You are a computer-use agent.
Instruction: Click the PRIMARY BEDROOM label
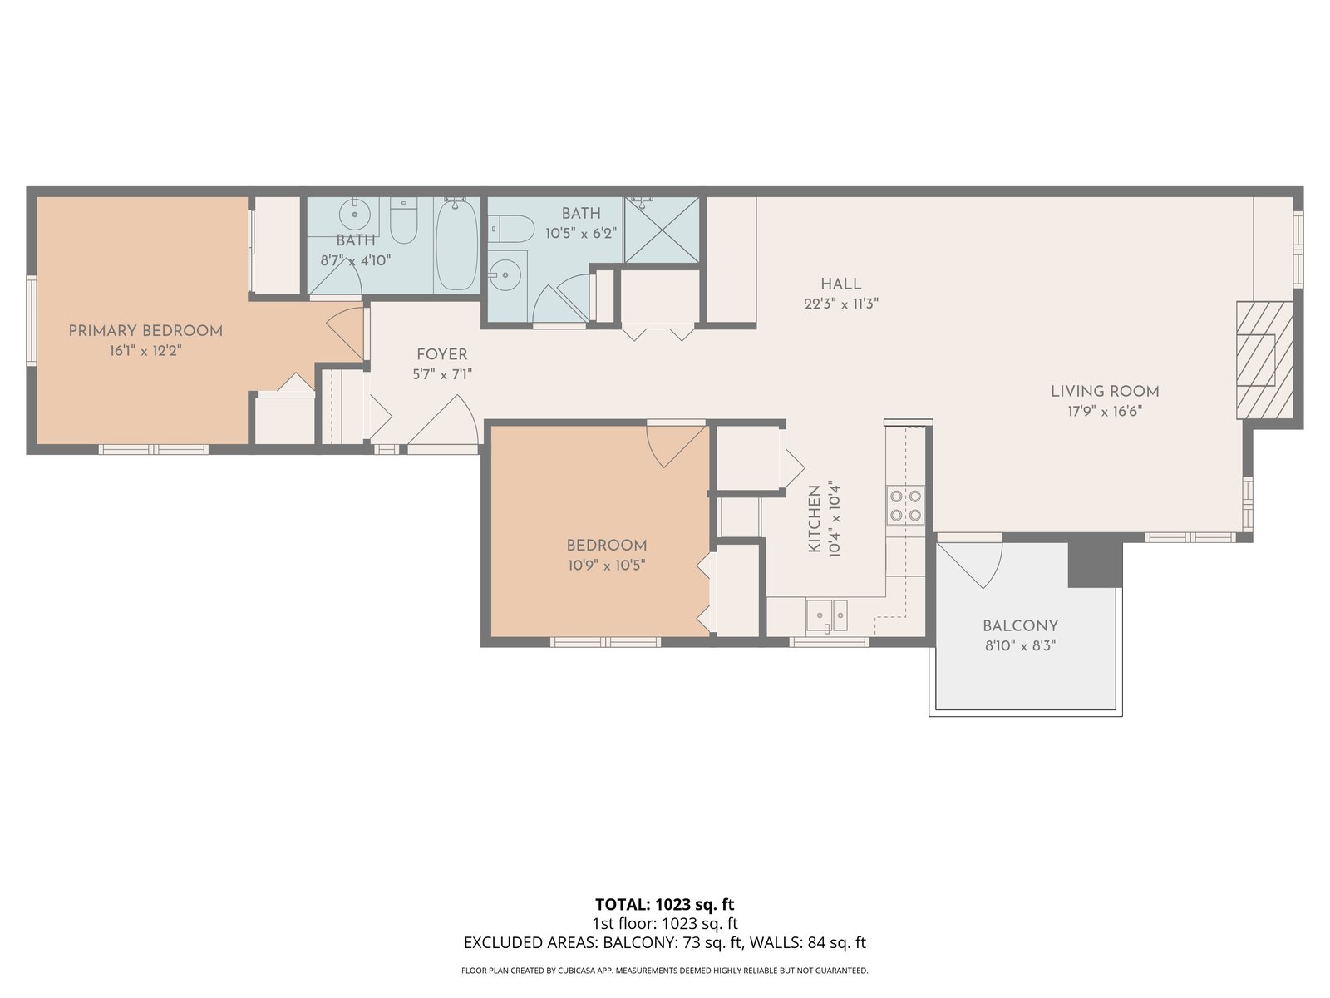[x=145, y=331]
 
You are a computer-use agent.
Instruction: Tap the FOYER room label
[x=441, y=354]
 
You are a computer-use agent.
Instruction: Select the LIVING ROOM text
[x=1105, y=392]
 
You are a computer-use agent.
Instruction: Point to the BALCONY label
[x=1021, y=626]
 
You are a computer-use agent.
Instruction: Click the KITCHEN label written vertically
[x=815, y=518]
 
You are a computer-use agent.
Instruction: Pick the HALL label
[x=841, y=284]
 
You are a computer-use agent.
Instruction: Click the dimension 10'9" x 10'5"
[x=607, y=566]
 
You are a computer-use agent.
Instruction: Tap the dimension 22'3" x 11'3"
[x=841, y=304]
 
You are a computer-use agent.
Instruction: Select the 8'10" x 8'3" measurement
[x=1021, y=646]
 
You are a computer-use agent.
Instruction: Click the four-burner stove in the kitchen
[x=905, y=506]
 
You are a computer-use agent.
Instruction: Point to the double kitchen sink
[x=826, y=615]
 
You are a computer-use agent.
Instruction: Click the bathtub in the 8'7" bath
[x=456, y=245]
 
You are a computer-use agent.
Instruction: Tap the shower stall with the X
[x=662, y=230]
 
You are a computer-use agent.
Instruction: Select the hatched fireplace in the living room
[x=1264, y=361]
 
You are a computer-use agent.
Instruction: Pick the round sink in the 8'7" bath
[x=355, y=214]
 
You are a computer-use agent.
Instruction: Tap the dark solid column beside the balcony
[x=1094, y=565]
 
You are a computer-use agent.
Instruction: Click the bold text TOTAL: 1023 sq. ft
[x=664, y=905]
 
